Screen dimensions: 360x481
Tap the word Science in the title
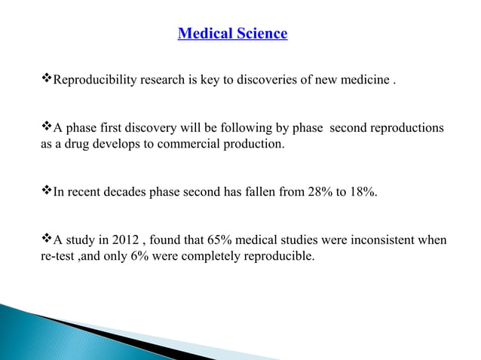click(x=259, y=34)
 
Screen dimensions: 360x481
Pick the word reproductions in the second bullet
click(x=406, y=128)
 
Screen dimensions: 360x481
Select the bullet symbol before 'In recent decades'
click(x=44, y=192)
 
